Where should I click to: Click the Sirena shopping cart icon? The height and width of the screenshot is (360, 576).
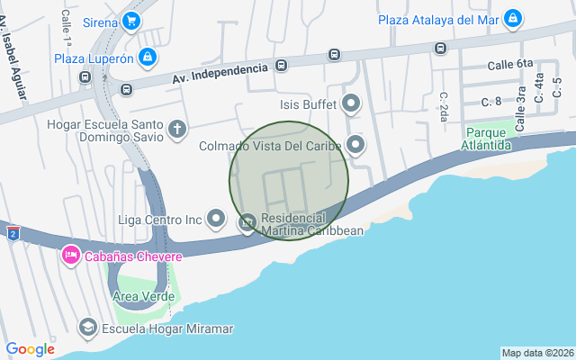coord(131,21)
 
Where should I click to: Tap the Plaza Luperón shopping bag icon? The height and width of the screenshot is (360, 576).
coord(149,58)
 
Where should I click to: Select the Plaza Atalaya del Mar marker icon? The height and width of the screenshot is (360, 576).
coord(512,19)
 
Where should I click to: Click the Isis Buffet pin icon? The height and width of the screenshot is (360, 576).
coord(352,103)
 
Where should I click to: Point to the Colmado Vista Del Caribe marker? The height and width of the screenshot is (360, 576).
coord(356,145)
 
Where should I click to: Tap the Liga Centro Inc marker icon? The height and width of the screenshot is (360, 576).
coord(216,218)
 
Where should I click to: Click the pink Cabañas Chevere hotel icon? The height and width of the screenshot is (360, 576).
coord(69,256)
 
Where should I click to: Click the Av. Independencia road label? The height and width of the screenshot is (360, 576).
coord(220,75)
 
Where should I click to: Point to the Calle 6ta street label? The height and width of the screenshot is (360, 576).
coord(510,65)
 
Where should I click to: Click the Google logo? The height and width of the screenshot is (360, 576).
coord(30,348)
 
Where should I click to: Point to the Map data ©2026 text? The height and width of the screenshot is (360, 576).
coord(537,353)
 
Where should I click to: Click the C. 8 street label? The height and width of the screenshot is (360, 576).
coord(491,101)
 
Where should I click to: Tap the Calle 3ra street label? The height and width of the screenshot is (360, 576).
coord(520,112)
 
